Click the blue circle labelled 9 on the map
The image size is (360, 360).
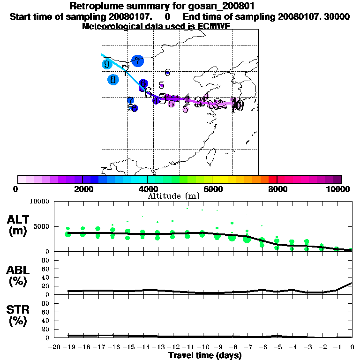pos(107,64)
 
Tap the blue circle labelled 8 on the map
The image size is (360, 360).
pos(113,79)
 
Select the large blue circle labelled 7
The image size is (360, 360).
pos(137,61)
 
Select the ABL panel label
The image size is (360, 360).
pos(18,276)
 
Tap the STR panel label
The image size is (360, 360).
pos(18,315)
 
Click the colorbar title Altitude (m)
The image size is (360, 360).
pos(174,196)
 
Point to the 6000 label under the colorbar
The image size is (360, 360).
pos(212,189)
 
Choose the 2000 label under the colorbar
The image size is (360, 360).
pos(82,189)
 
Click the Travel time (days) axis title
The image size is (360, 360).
pos(205,356)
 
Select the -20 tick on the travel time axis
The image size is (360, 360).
pos(54,347)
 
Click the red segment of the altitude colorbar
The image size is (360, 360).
pos(272,179)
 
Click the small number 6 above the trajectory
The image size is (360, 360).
pos(167,72)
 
